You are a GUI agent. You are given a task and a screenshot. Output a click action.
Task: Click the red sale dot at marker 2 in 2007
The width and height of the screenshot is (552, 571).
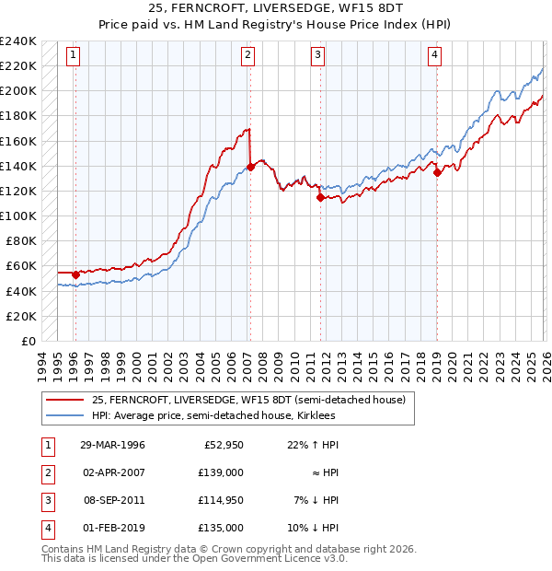pos(250,167)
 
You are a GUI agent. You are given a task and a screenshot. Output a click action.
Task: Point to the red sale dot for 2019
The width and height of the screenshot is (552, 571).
pos(438,171)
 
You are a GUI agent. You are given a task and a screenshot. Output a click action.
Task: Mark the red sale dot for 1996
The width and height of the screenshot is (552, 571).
pos(75,274)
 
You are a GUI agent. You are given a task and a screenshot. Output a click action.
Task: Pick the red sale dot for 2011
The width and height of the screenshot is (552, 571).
pos(320,196)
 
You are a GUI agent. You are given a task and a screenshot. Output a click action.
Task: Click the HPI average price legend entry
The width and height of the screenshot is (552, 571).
pos(213,416)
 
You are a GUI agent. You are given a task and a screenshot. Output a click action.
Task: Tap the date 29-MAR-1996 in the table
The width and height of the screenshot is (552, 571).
pos(112,445)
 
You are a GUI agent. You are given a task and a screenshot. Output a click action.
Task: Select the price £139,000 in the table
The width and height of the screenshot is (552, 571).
pos(222,472)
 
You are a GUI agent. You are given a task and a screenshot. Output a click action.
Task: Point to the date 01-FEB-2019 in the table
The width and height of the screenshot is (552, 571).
pos(112,528)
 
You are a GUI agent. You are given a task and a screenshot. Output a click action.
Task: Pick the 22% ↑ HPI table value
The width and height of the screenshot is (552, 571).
pos(313,445)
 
